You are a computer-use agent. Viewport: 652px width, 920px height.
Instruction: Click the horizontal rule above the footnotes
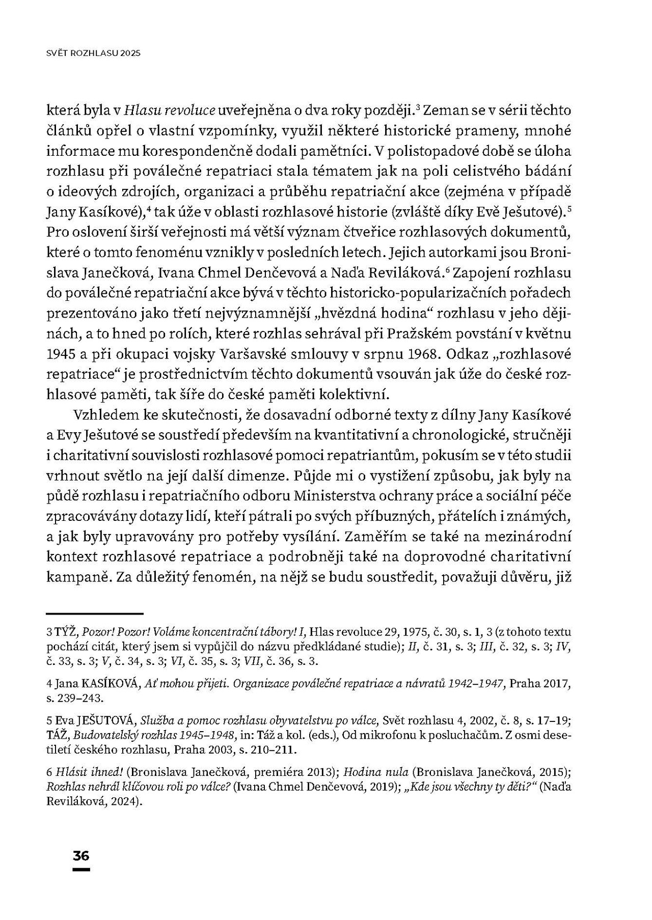tap(95, 614)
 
